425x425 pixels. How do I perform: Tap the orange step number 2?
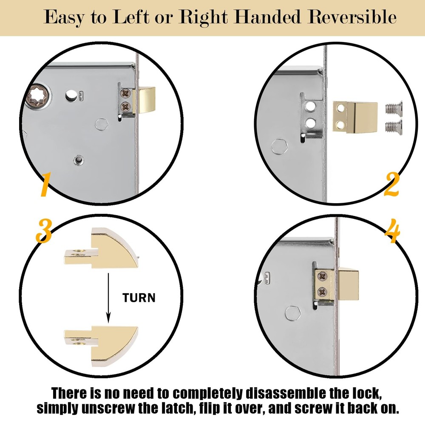pos(391,184)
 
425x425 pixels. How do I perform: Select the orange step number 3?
pos(43,232)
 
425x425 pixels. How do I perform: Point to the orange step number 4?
pos(392,232)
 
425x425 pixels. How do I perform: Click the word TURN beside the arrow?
pos(139,297)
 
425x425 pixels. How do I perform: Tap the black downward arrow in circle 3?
pos(108,297)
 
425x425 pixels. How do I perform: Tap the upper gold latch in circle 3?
pos(102,250)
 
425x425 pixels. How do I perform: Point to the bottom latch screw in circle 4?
pos(322,292)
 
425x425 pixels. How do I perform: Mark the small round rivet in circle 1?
pos(78,159)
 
